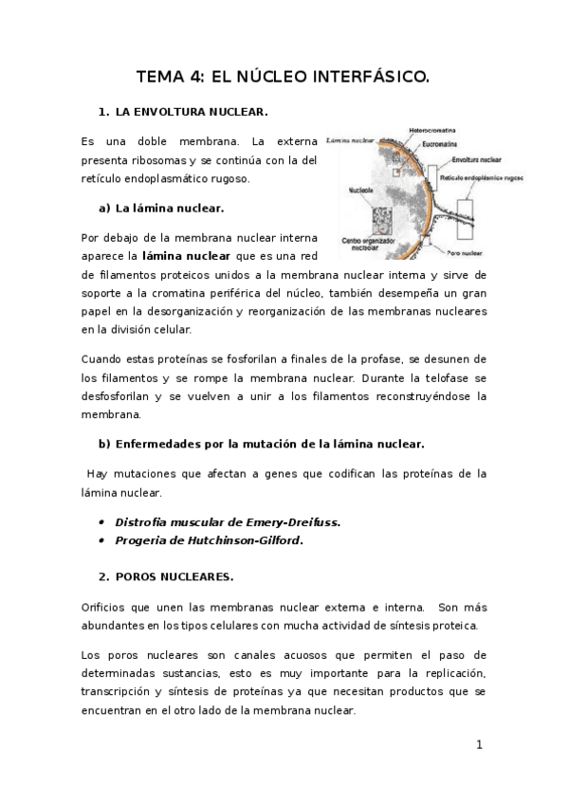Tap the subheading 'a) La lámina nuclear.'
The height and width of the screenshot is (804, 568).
(x=161, y=207)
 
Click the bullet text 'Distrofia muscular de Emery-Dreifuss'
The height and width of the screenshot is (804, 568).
(x=228, y=522)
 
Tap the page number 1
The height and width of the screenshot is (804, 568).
(x=480, y=745)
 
